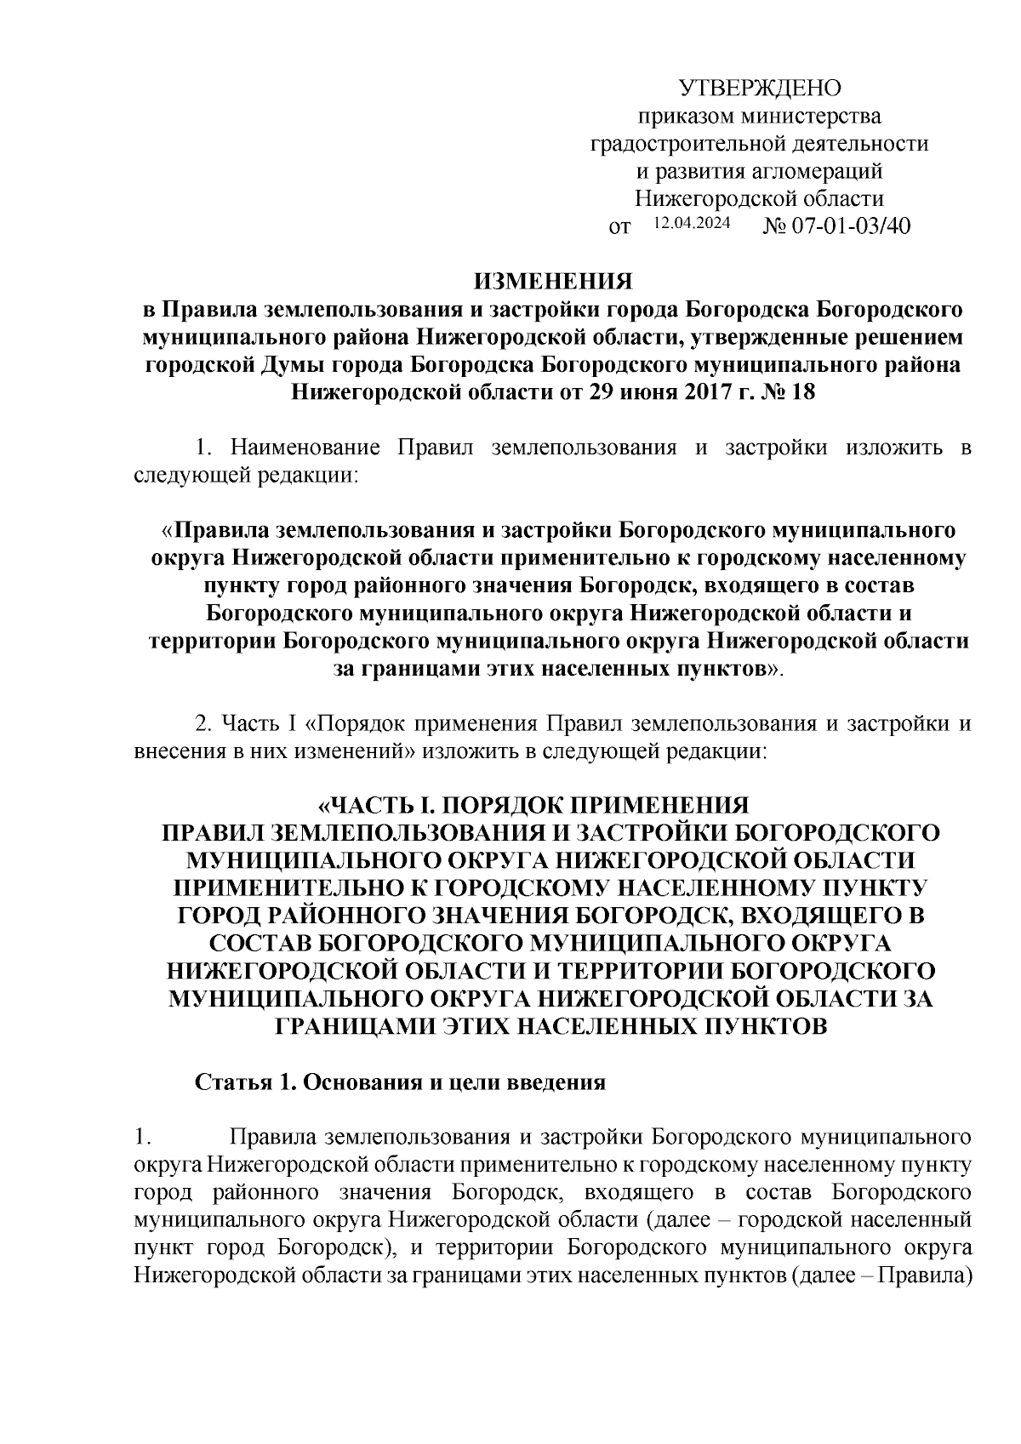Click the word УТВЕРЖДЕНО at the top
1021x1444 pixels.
click(x=760, y=88)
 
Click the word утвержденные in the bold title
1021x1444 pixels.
click(x=779, y=338)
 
